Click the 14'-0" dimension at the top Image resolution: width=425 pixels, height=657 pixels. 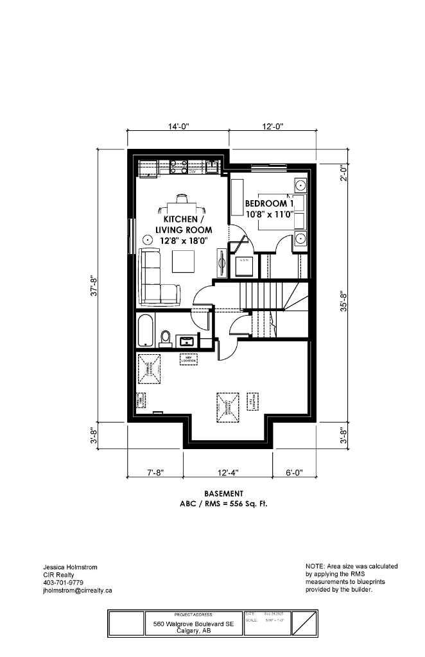click(x=178, y=127)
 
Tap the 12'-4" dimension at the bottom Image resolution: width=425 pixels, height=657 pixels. click(x=228, y=473)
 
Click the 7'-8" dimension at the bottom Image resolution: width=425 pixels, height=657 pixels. click(x=155, y=473)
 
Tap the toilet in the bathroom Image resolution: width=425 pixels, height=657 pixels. click(x=165, y=336)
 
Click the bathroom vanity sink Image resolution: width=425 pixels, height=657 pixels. click(x=189, y=339)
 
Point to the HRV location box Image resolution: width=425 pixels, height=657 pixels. click(x=188, y=359)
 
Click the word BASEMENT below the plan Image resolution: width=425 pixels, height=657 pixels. click(x=223, y=493)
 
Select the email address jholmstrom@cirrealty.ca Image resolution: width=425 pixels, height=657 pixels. click(x=76, y=590)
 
